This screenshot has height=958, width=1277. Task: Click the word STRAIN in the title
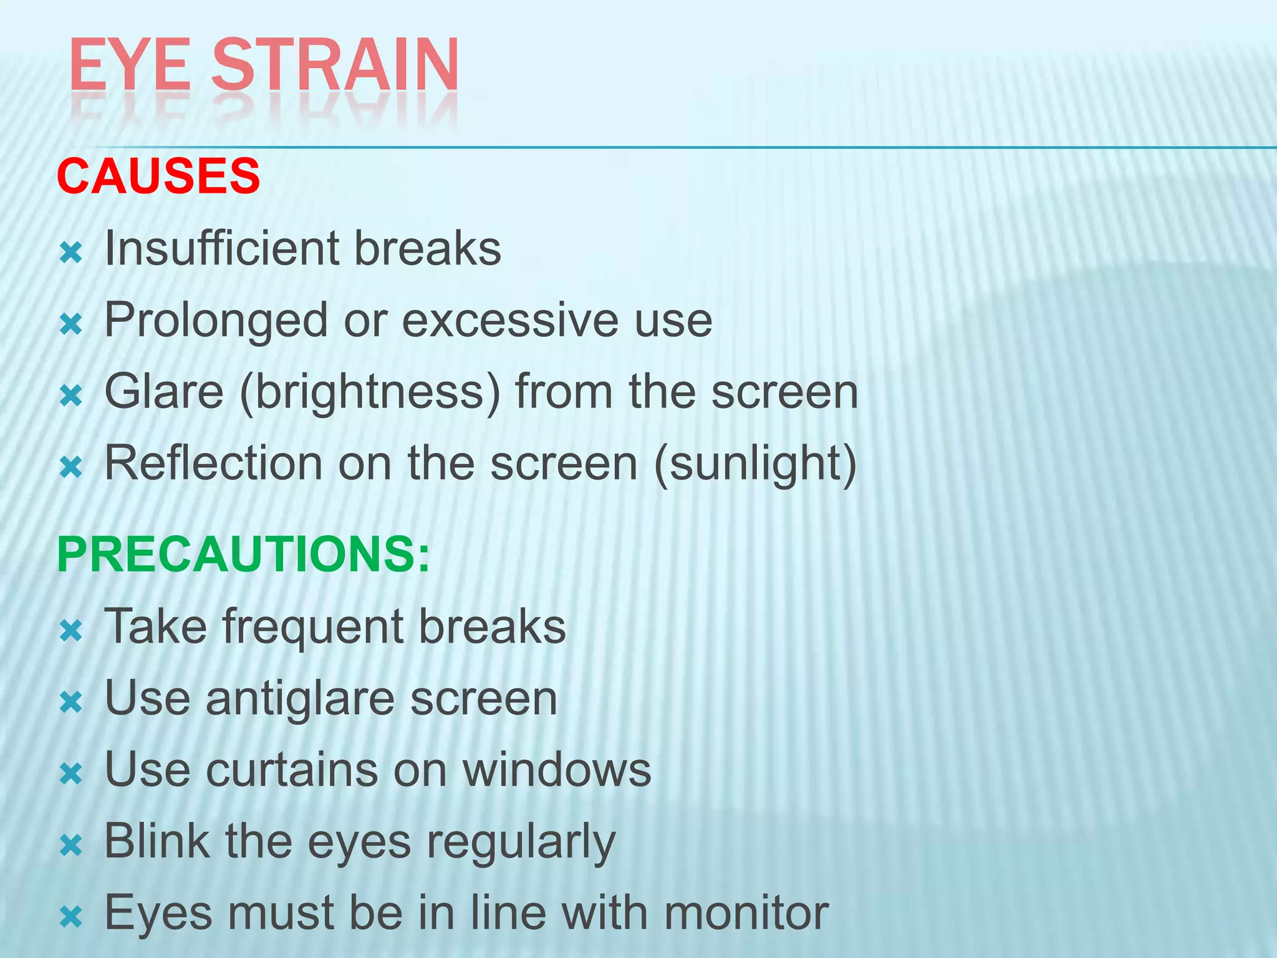pyautogui.click(x=335, y=65)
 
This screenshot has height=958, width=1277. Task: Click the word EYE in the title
pyautogui.click(x=130, y=65)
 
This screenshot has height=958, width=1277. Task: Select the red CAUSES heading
pyautogui.click(x=158, y=176)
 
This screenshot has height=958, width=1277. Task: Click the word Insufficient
pyautogui.click(x=221, y=248)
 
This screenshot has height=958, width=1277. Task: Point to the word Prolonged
pyautogui.click(x=216, y=321)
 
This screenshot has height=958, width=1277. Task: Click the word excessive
pyautogui.click(x=511, y=321)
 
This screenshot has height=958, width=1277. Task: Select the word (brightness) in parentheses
pyautogui.click(x=370, y=393)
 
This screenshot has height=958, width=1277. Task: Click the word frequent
pyautogui.click(x=312, y=627)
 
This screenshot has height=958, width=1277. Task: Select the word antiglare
pyautogui.click(x=300, y=699)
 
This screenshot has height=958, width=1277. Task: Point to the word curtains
pyautogui.click(x=292, y=770)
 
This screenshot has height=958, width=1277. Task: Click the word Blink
pyautogui.click(x=157, y=841)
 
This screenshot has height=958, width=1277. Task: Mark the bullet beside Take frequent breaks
pyautogui.click(x=71, y=631)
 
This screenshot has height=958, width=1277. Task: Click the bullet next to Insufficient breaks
pyautogui.click(x=71, y=253)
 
